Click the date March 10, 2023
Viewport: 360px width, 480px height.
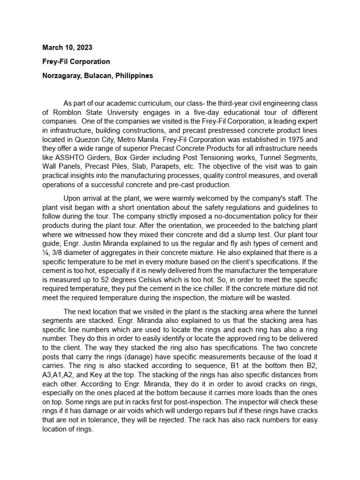pos(67,47)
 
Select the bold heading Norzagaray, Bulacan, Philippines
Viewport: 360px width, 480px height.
pos(97,75)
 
